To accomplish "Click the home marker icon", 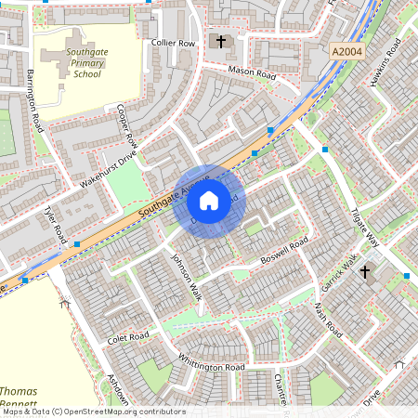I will [209, 200].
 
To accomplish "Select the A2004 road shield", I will [345, 56].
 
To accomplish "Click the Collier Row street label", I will [174, 43].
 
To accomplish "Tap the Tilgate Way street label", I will [369, 226].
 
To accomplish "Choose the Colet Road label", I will [128, 335].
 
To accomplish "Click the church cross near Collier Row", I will [221, 41].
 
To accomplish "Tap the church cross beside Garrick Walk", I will [365, 272].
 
